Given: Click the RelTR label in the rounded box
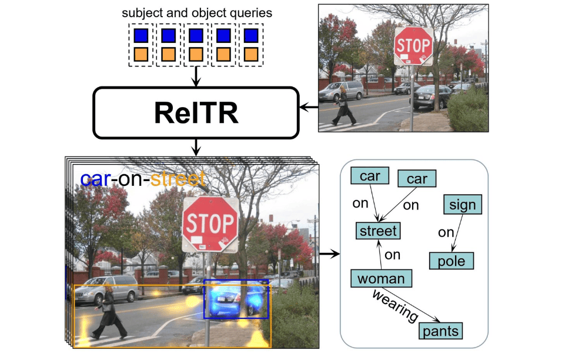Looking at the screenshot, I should click(x=196, y=114).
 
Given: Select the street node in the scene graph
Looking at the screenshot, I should click(x=378, y=231).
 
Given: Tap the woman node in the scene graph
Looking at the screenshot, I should click(x=380, y=278).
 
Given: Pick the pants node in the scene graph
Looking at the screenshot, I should click(x=440, y=331).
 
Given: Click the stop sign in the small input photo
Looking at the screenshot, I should click(x=413, y=45).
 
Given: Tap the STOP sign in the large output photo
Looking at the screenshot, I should click(x=209, y=224).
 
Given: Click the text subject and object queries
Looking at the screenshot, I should click(x=196, y=12).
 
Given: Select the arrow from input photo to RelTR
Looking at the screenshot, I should click(x=308, y=108).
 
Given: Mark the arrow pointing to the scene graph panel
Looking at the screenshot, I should click(x=329, y=254).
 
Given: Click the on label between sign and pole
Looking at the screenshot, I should click(x=446, y=232).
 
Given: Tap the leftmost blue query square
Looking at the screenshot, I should click(x=141, y=36).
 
